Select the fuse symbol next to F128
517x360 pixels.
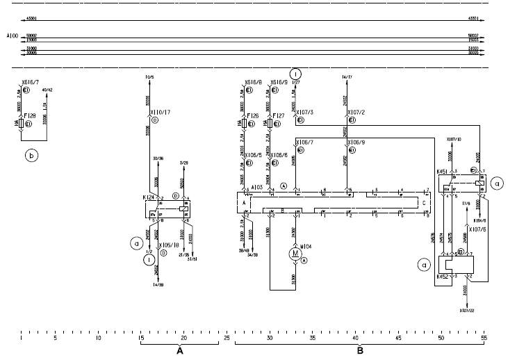pos(20,123)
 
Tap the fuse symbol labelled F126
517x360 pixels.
pos(245,123)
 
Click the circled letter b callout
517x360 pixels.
pos(31,156)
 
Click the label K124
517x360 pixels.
pos(148,199)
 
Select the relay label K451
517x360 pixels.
pos(442,170)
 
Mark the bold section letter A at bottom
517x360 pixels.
pos(179,352)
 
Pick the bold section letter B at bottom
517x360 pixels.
pos(360,352)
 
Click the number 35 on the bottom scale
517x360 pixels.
pos(313,338)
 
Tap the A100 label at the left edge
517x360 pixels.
pos(12,33)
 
